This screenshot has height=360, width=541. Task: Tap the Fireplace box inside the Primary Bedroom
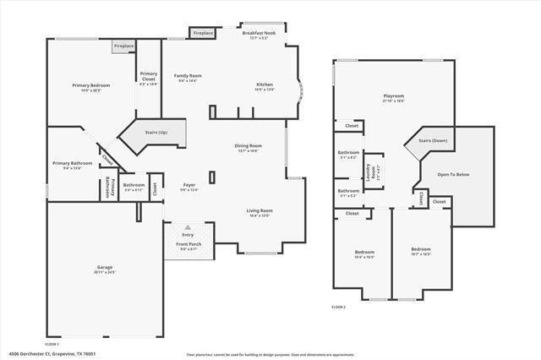click(123, 46)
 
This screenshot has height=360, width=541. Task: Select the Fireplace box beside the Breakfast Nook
click(203, 34)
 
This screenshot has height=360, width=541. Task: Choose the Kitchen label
click(265, 86)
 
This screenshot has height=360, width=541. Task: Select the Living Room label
click(259, 212)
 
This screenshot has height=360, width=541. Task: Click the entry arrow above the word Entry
click(187, 228)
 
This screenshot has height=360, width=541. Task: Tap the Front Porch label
click(188, 246)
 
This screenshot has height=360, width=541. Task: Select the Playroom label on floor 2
click(393, 98)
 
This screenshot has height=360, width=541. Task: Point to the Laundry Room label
click(368, 174)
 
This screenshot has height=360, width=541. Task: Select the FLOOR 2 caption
click(338, 306)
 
